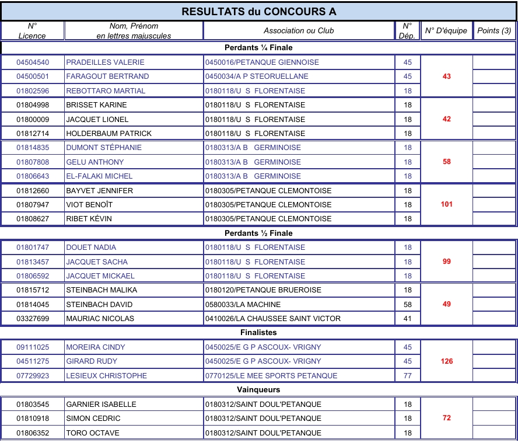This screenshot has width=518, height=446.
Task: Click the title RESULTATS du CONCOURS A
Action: pos(259,12)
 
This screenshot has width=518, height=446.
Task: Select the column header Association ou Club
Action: pos(299,30)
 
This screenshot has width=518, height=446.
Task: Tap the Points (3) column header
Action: pos(494,30)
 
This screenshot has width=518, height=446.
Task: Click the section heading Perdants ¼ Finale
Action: pos(258,47)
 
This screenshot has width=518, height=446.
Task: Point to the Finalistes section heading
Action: pos(258,333)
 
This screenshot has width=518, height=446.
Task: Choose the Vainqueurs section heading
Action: pos(258,389)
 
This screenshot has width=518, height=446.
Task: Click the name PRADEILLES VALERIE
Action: pos(105,62)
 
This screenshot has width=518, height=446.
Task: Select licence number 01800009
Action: pos(33,119)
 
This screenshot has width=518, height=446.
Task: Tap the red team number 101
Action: pos(446,204)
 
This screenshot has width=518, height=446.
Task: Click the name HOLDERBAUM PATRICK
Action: pos(108,134)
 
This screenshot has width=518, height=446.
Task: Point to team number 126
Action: pos(446,361)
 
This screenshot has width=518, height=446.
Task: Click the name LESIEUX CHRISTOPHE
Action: pos(106,375)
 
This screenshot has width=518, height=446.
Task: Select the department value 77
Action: pos(407,375)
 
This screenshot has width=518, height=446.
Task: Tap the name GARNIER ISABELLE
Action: pos(101,404)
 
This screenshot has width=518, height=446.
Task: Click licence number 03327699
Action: pos(33,319)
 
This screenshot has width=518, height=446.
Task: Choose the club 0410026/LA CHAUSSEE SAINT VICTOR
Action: pos(272,319)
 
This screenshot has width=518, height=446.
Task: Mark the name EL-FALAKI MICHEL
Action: pos(99,176)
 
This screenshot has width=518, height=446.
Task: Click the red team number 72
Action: pos(446,418)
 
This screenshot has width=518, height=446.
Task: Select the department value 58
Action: pos(407,304)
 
